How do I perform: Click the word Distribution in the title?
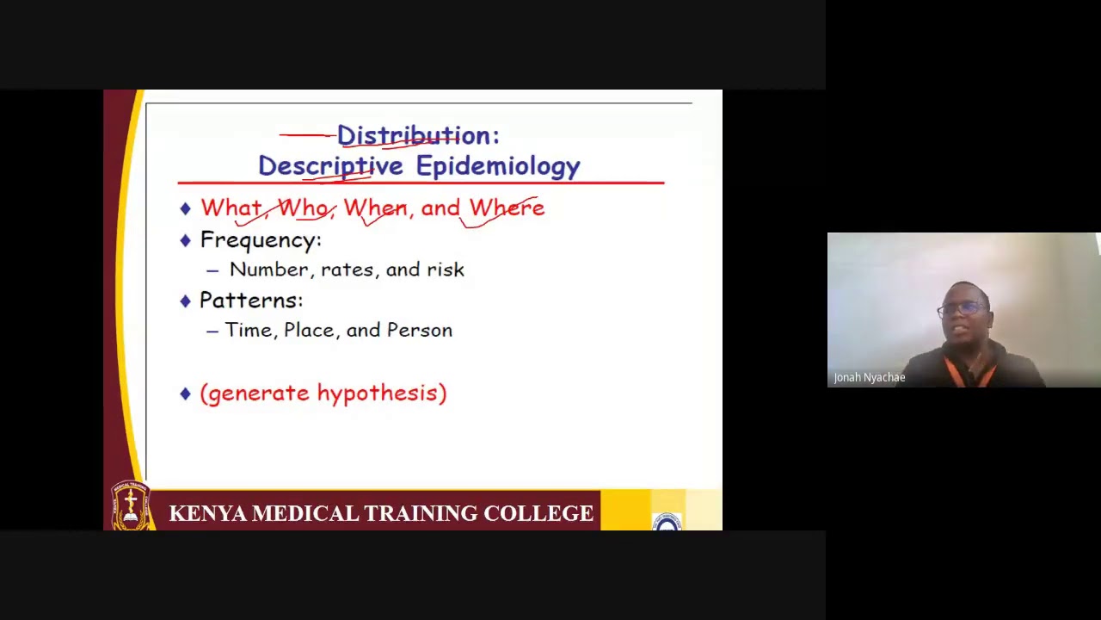[412, 135]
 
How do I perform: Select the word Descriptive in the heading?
[330, 166]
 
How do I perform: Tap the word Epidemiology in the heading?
[498, 166]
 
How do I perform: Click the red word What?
[231, 208]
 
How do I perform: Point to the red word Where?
[507, 208]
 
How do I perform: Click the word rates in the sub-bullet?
[348, 270]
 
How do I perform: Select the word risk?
[446, 270]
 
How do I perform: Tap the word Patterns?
[250, 301]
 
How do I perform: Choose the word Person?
[419, 330]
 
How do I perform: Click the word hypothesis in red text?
[378, 394]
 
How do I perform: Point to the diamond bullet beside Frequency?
[185, 240]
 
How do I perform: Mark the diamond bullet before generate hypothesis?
[185, 394]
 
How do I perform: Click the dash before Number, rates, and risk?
[212, 270]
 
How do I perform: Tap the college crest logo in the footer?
[131, 506]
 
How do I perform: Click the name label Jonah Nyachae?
[869, 377]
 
